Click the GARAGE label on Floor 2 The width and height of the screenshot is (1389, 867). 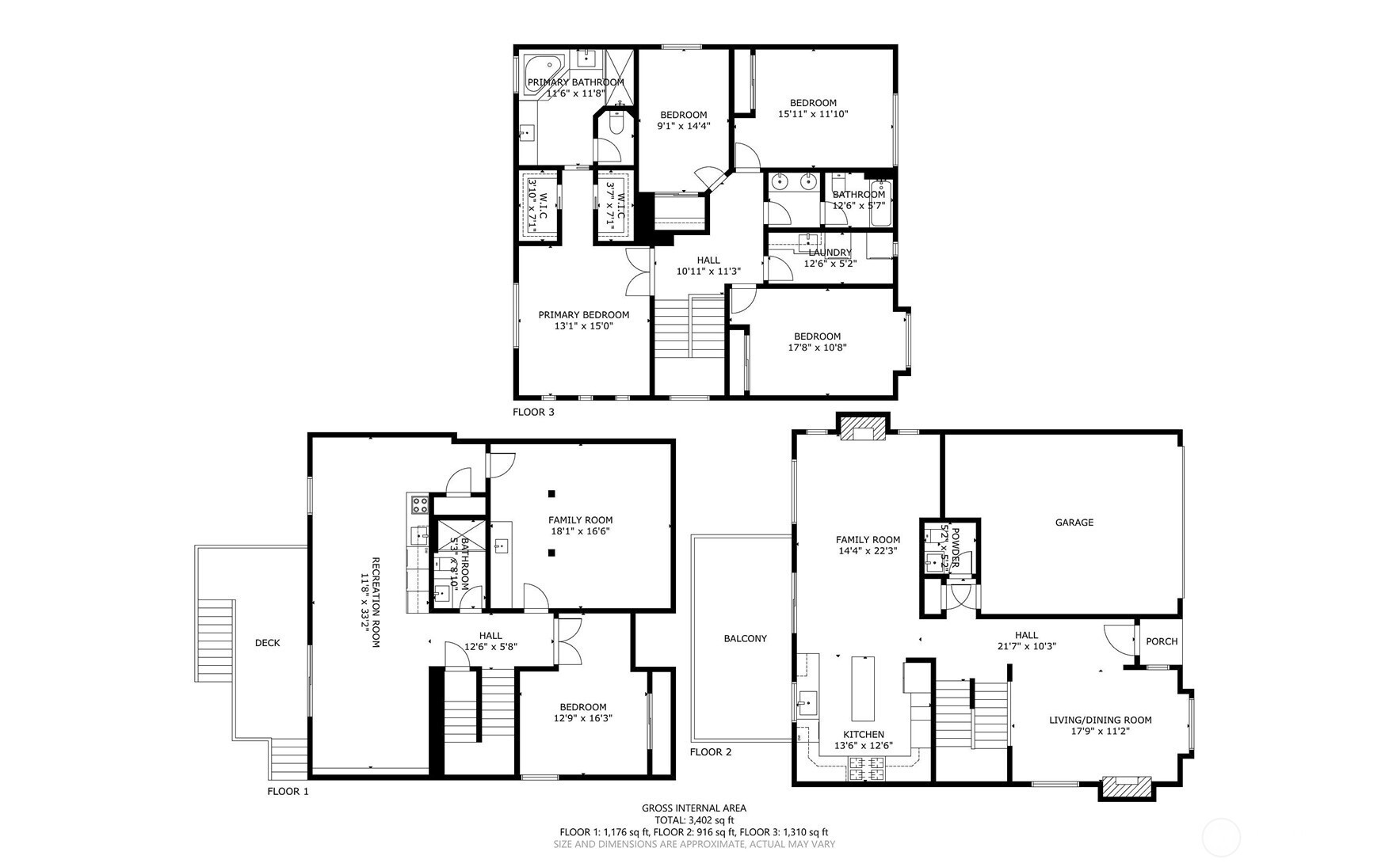1074,523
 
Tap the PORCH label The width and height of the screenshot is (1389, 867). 1162,641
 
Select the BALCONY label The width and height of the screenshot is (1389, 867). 745,638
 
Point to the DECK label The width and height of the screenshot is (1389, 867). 267,643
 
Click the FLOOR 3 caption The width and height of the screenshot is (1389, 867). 533,412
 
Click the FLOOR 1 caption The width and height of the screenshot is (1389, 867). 288,791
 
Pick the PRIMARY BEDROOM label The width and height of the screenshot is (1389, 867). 584,314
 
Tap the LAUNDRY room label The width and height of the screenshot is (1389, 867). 830,253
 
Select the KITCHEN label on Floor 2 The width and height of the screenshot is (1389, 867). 864,735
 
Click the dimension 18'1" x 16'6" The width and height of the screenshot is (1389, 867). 581,531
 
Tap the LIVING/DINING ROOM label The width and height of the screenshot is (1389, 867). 1100,720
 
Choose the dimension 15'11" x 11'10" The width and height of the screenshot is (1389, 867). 813,114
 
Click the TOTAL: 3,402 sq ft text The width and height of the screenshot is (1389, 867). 694,820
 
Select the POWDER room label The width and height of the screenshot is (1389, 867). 955,546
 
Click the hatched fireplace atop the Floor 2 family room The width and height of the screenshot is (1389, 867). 864,428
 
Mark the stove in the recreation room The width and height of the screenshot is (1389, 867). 418,504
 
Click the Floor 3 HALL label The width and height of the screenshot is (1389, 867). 708,260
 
